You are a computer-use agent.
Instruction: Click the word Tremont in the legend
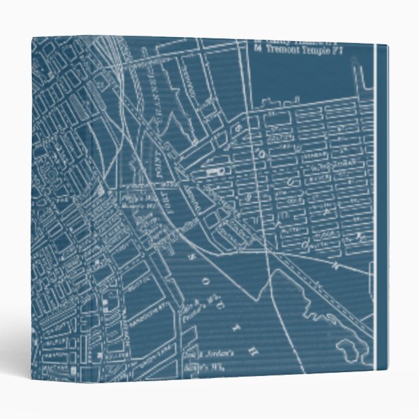click(x=284, y=49)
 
